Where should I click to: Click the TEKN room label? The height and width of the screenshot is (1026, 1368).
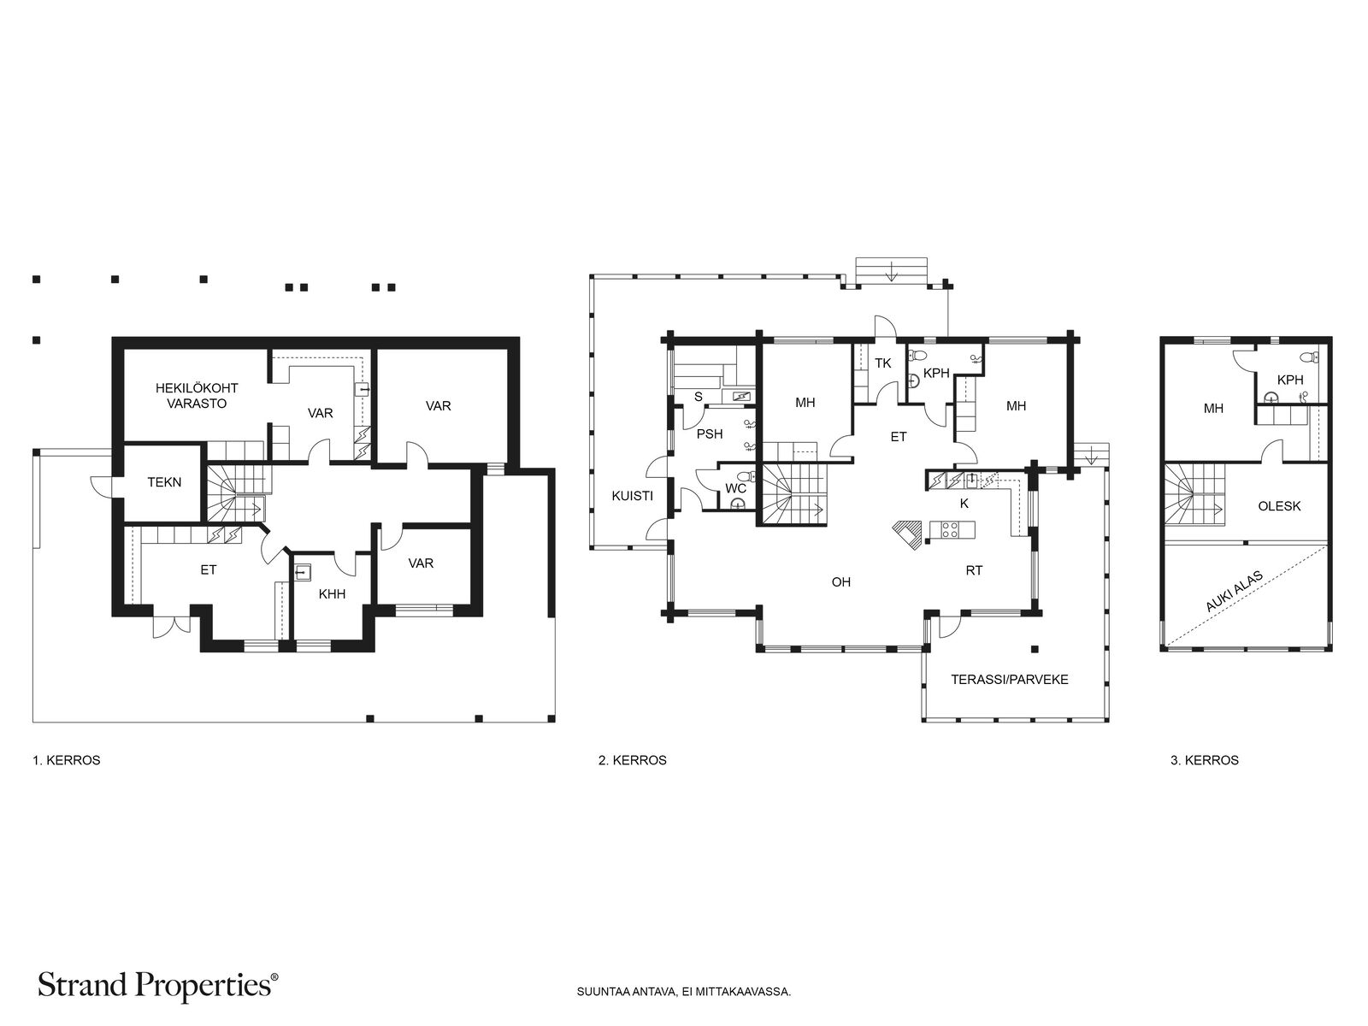[164, 482]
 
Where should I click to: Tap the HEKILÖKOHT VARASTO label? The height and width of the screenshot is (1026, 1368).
[197, 396]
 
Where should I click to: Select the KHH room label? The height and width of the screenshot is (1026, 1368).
[333, 594]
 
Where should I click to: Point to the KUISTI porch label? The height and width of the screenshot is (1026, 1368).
[632, 497]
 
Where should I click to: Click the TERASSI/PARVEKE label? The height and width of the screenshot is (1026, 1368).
[1010, 680]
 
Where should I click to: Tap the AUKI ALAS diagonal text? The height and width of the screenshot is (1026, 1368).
[1235, 592]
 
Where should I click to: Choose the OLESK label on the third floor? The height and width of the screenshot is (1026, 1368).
[1279, 506]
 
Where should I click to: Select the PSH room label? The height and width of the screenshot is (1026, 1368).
[710, 434]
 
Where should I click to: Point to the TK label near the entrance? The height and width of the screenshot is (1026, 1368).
[883, 363]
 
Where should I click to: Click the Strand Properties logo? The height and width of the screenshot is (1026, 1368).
[157, 987]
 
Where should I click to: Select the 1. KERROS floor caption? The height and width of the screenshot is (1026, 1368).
[66, 761]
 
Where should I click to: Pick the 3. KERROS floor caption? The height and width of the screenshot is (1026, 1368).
[1205, 761]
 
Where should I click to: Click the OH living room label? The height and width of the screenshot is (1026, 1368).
[840, 582]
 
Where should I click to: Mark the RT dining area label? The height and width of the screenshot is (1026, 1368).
[974, 570]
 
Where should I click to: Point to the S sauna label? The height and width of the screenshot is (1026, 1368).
[699, 398]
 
